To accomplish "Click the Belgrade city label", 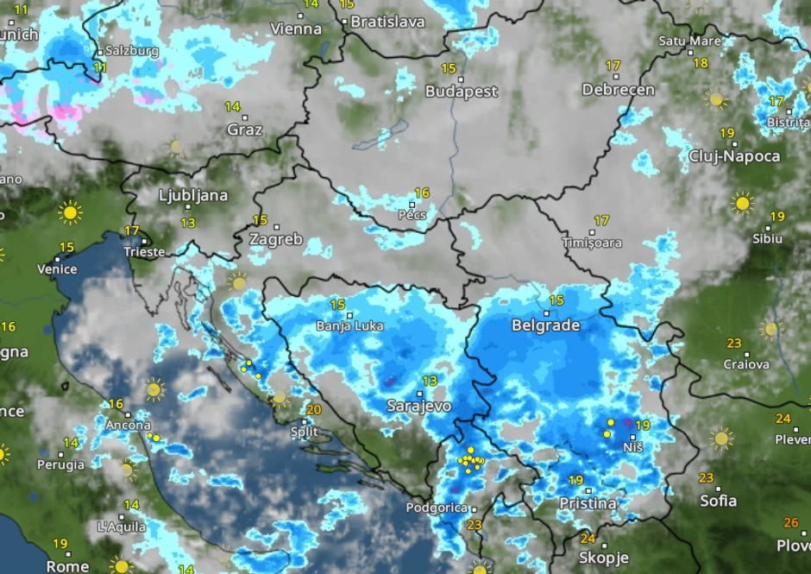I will (545, 326).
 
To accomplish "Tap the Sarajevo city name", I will (418, 406).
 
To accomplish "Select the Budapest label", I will (462, 91).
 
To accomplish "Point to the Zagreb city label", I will (276, 240).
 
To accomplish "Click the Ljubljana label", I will (193, 196).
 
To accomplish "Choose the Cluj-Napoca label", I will (734, 156).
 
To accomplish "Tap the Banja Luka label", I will (349, 326).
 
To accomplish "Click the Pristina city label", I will (588, 503).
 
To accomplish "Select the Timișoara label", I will (592, 243).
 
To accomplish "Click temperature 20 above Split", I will (314, 410).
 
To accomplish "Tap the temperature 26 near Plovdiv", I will (790, 523).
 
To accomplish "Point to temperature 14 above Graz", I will (232, 107).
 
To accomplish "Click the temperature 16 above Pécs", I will (422, 193).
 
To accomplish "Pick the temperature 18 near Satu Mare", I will (701, 63).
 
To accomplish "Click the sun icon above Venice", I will (70, 211).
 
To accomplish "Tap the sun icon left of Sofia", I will (721, 438).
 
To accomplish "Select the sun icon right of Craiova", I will (770, 329).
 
